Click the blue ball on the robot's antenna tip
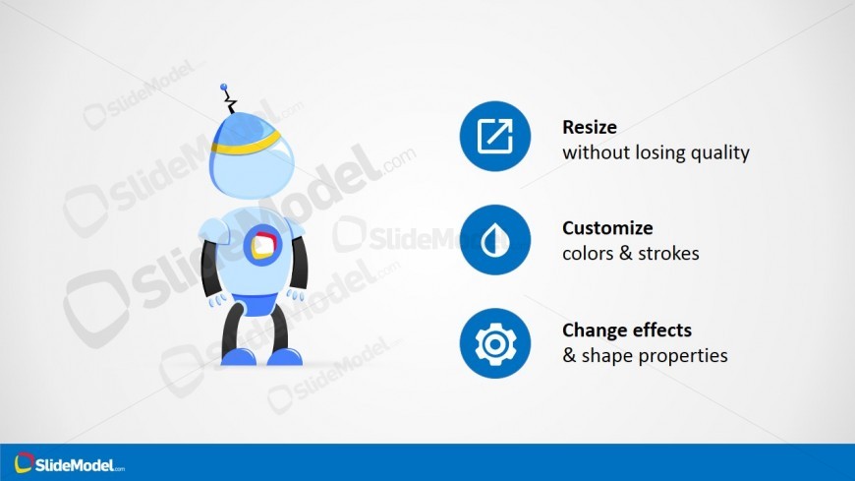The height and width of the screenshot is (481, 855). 223,87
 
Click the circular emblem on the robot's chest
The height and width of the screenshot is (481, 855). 262,245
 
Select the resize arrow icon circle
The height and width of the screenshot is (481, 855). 495,136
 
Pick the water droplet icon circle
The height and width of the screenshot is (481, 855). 495,240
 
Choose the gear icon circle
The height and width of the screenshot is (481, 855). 495,343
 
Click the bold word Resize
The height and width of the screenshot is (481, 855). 590,127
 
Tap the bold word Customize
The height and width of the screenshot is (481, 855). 607,227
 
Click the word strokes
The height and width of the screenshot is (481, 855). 668,254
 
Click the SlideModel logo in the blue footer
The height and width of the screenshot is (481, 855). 69,463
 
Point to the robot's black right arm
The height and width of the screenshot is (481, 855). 209,268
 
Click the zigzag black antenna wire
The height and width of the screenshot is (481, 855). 230,101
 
